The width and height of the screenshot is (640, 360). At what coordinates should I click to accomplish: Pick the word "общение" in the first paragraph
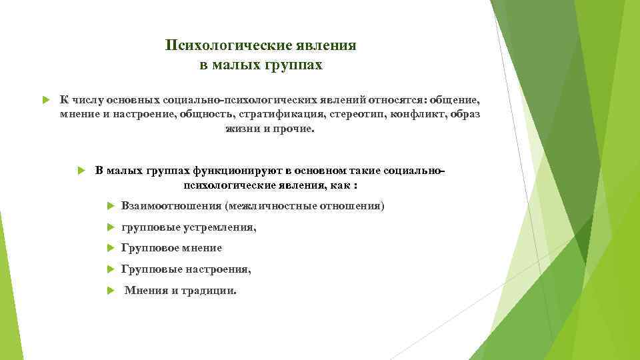454,100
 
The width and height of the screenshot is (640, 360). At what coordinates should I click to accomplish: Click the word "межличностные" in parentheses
267,205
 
